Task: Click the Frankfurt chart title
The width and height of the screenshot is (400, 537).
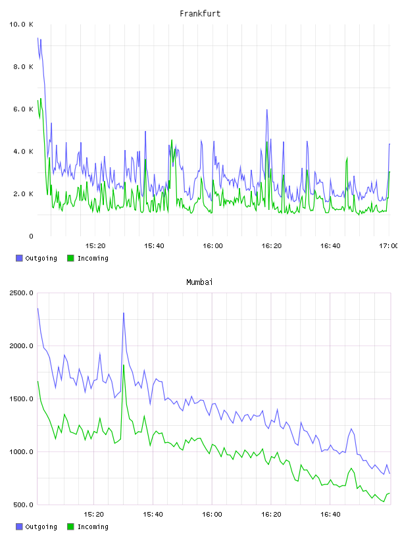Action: [x=200, y=13]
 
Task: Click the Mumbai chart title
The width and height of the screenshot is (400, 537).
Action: [x=199, y=282]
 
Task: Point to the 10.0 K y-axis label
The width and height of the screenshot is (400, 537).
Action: [x=21, y=24]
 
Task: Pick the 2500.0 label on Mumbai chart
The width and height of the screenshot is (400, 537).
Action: [x=21, y=293]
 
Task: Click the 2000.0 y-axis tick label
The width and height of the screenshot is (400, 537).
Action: [x=21, y=346]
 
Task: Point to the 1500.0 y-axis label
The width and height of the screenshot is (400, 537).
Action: [x=21, y=399]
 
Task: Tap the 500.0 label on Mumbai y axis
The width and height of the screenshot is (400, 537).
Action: [x=23, y=505]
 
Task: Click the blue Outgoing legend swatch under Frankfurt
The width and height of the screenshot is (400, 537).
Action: [x=19, y=258]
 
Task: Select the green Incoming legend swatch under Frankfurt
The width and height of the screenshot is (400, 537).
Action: [x=70, y=258]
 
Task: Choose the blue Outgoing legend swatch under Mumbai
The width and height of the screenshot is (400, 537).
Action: [x=19, y=526]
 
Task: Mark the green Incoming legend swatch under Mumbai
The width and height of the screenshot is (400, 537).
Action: [x=70, y=526]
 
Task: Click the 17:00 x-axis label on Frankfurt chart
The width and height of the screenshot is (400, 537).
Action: [x=388, y=246]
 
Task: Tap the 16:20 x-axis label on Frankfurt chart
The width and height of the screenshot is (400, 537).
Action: [x=272, y=246]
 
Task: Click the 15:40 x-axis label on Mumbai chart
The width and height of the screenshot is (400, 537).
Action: [x=153, y=515]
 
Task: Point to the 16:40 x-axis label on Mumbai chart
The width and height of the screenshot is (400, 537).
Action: [x=330, y=515]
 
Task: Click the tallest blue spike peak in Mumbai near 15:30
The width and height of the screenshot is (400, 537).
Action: [x=124, y=313]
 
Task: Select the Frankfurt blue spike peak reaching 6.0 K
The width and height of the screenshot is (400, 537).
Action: [x=267, y=110]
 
